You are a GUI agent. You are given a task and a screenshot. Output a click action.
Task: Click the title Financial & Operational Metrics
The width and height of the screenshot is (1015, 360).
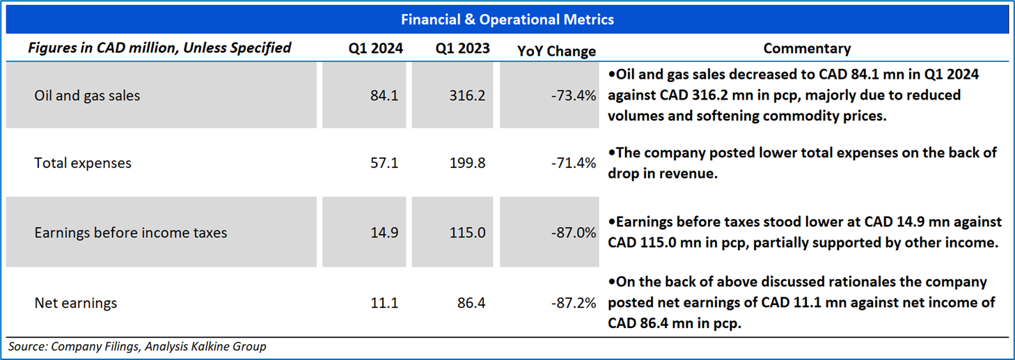pyautogui.click(x=507, y=19)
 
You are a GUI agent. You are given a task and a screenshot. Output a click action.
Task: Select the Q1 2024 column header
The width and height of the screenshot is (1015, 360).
pyautogui.click(x=375, y=49)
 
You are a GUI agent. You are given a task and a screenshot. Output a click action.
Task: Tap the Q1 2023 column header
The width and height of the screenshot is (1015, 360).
pyautogui.click(x=462, y=49)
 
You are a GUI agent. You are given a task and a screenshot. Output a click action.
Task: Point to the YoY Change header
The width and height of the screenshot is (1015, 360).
pyautogui.click(x=556, y=52)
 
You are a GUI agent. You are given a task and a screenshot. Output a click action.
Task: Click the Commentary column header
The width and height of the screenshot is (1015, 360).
pyautogui.click(x=807, y=49)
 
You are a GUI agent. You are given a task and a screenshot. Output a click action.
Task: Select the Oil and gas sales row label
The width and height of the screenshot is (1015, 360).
pyautogui.click(x=87, y=95)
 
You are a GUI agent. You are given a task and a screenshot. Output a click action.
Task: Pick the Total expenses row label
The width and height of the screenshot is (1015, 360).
pyautogui.click(x=83, y=163)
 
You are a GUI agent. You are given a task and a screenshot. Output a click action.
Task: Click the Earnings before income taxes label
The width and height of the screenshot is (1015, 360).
pyautogui.click(x=130, y=233)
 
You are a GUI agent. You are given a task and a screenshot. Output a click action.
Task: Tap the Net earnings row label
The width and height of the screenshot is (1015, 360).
pyautogui.click(x=76, y=303)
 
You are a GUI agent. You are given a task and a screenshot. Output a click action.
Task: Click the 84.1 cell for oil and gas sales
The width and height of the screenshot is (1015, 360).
pyautogui.click(x=384, y=95)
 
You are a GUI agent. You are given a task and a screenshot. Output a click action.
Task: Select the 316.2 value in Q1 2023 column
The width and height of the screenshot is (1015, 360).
pyautogui.click(x=467, y=95)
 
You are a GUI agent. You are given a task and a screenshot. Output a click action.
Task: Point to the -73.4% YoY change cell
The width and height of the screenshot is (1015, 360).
pyautogui.click(x=573, y=95)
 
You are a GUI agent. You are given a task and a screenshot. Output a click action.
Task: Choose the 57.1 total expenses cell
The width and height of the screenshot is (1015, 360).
pyautogui.click(x=384, y=163)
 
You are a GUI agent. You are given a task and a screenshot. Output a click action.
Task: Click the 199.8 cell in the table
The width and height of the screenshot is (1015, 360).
pyautogui.click(x=467, y=163)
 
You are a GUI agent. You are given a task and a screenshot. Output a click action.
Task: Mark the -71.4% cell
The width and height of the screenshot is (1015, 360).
pyautogui.click(x=573, y=163)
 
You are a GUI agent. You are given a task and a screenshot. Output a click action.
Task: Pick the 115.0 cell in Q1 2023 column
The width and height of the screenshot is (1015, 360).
pyautogui.click(x=467, y=233)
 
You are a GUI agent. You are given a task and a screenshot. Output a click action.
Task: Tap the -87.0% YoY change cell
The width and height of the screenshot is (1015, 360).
pyautogui.click(x=573, y=233)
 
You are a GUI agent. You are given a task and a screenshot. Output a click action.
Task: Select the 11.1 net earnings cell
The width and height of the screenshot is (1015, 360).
pyautogui.click(x=384, y=303)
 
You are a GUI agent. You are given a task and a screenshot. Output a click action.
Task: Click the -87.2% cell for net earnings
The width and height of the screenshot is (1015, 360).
pyautogui.click(x=573, y=303)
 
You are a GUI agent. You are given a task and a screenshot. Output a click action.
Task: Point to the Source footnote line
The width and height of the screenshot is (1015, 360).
pyautogui.click(x=137, y=347)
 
